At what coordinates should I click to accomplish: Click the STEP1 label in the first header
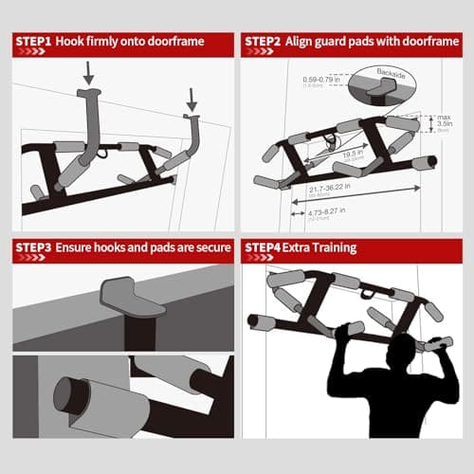[34, 41]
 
